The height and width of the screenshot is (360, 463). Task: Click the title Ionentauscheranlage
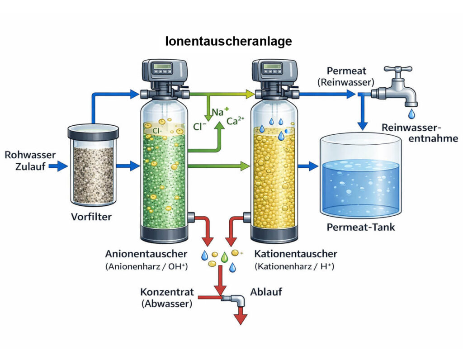pyautogui.click(x=229, y=42)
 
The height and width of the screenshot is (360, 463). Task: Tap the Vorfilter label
pyautogui.click(x=91, y=216)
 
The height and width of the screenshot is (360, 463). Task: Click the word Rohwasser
pyautogui.click(x=30, y=155)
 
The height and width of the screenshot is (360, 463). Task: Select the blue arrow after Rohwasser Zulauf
pyautogui.click(x=57, y=166)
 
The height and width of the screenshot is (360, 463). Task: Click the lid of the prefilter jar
pyautogui.click(x=93, y=132)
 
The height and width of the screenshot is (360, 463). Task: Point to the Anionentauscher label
pyautogui.click(x=146, y=254)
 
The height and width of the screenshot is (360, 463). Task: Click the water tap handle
pyautogui.click(x=397, y=70)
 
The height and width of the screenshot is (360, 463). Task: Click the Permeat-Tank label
pyautogui.click(x=361, y=227)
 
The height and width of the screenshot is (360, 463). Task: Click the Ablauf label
pyautogui.click(x=266, y=292)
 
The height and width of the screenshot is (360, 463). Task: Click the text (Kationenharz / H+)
pyautogui.click(x=294, y=266)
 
